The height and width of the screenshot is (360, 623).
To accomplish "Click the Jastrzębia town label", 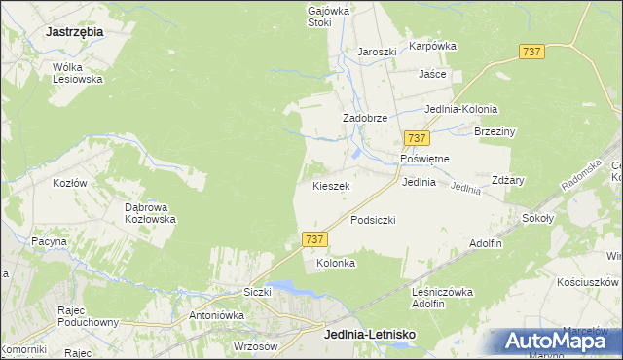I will coord(74,31).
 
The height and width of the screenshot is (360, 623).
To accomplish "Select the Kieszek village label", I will coord(331,185).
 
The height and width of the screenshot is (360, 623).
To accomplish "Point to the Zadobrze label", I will coord(365,118).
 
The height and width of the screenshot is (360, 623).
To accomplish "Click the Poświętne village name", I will coord(424,159).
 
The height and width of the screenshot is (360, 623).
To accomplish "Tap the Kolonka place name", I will coord(336,264).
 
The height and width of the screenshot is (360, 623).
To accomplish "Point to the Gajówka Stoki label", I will coord(319,15).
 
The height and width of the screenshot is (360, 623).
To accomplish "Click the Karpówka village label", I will coord(432,46).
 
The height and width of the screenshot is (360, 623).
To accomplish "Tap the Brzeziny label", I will coord(494,131).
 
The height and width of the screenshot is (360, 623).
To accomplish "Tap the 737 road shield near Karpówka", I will coord(531,53).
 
